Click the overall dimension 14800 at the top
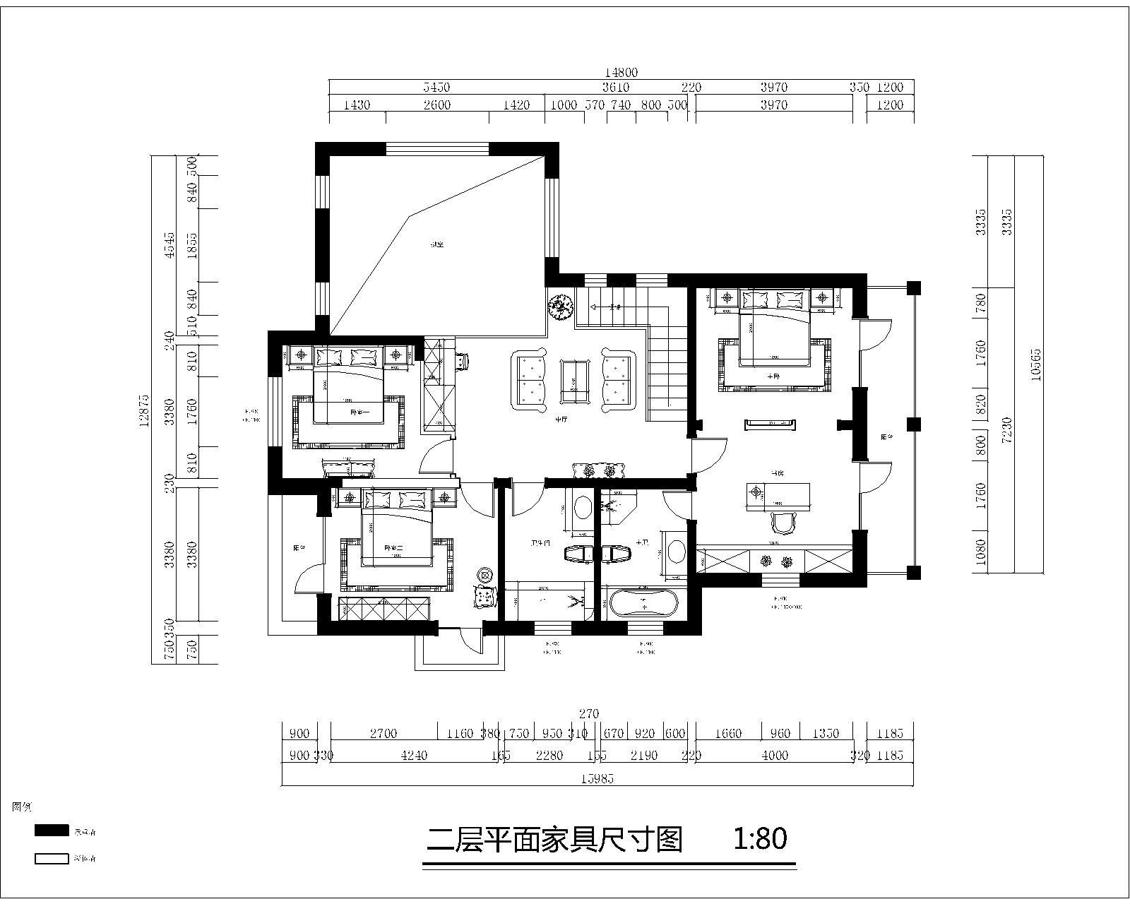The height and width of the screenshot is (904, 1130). (621, 72)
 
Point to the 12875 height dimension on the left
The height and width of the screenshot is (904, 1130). (145, 410)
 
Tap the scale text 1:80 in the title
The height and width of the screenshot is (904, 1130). (760, 839)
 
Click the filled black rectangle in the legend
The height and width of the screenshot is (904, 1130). (52, 831)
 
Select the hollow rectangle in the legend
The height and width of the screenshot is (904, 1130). (52, 859)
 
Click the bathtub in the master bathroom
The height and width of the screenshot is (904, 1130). (643, 604)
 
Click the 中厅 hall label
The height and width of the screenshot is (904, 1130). (561, 420)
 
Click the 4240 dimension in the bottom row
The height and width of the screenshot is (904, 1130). (414, 755)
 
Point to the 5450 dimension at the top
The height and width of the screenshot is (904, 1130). (436, 88)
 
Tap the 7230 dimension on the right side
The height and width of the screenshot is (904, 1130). (1007, 429)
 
